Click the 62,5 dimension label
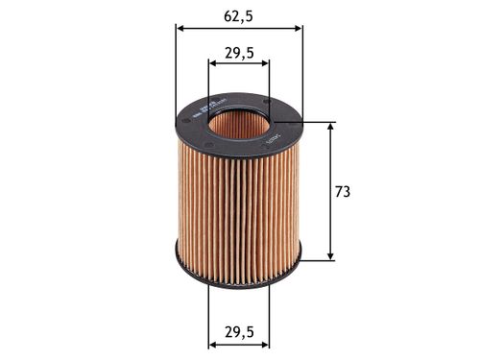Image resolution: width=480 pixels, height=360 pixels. [x=238, y=16]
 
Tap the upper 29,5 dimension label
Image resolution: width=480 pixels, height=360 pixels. [x=238, y=54]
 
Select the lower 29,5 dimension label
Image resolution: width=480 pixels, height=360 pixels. [x=238, y=332]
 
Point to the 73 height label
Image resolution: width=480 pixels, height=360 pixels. [x=342, y=191]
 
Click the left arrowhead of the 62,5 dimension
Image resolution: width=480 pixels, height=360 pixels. [x=180, y=28]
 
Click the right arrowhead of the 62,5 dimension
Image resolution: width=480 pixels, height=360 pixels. [x=298, y=28]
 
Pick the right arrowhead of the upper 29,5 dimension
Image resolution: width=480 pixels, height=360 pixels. [x=265, y=65]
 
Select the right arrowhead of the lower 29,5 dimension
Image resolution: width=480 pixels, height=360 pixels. [x=265, y=344]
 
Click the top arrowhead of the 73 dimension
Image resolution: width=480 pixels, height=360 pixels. [x=331, y=128]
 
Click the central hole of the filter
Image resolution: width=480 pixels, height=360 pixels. [x=239, y=122]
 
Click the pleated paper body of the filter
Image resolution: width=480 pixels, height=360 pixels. [x=238, y=202]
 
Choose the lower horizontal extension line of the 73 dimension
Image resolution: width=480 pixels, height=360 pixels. [x=317, y=260]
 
